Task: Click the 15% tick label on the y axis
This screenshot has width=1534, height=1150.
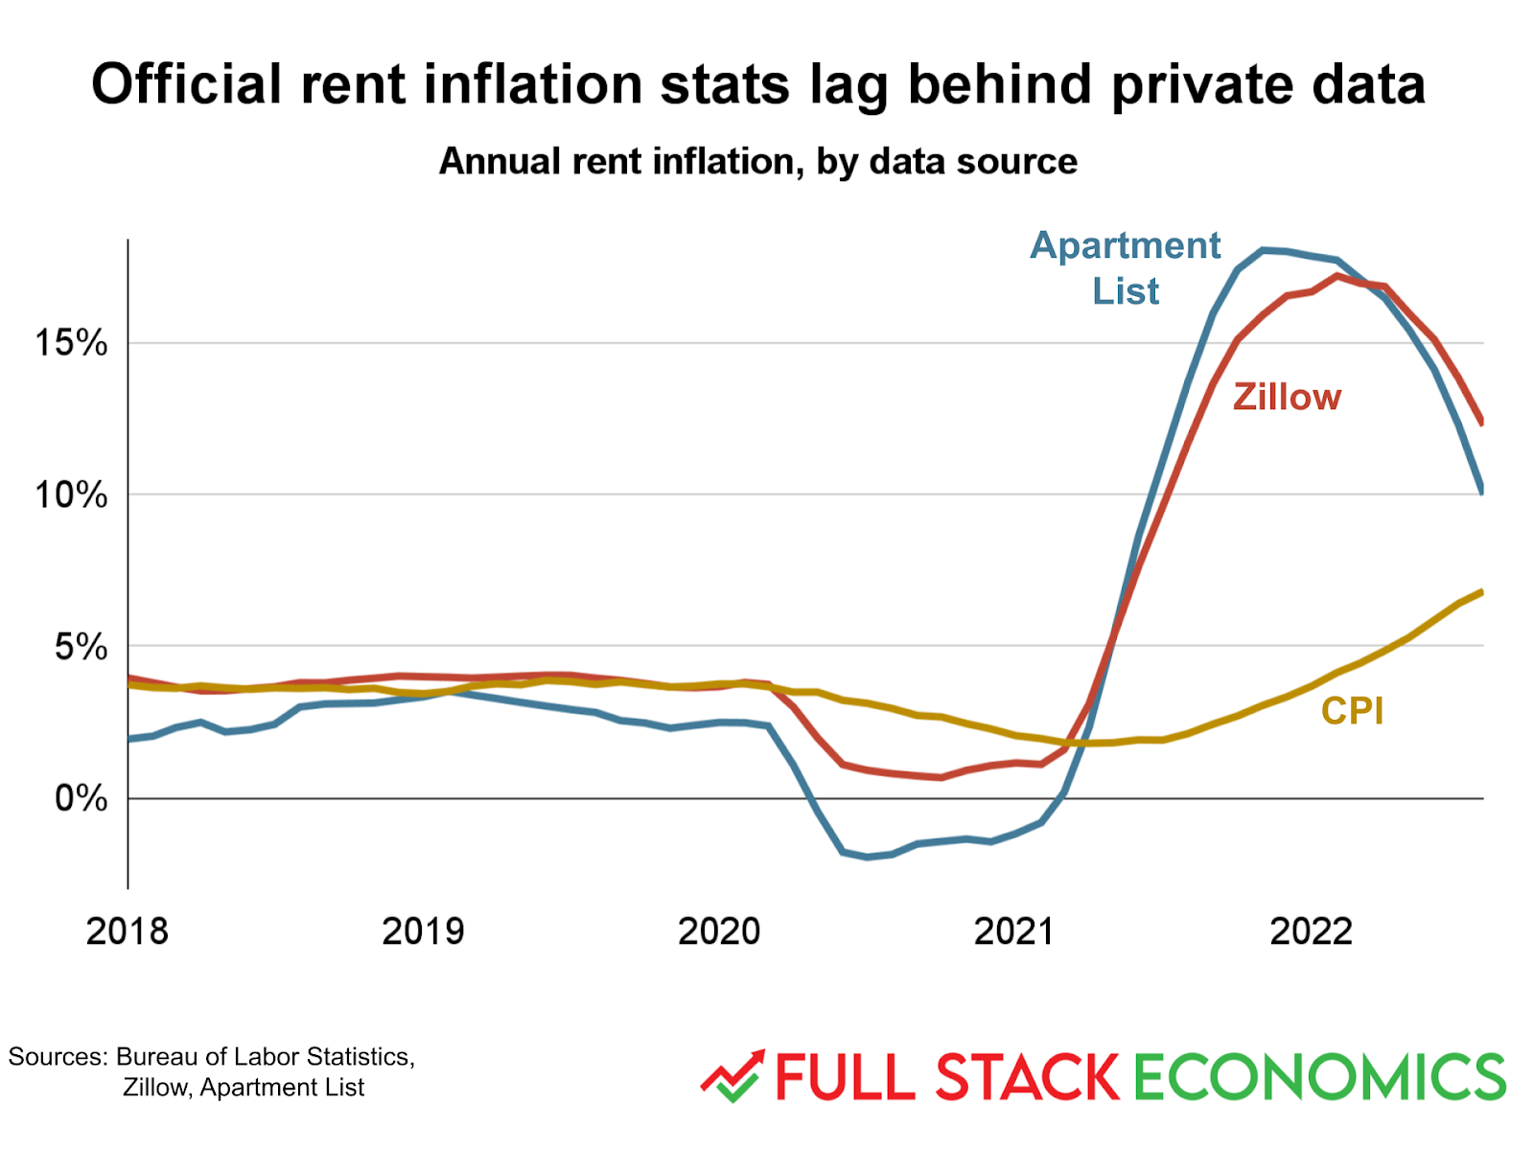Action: (x=71, y=342)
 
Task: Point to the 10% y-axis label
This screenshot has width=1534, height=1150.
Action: (x=71, y=494)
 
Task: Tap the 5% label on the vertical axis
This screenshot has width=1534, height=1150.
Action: (x=81, y=647)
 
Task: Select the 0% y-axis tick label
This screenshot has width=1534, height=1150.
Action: (x=81, y=797)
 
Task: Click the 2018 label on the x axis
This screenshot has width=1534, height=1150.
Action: (x=127, y=931)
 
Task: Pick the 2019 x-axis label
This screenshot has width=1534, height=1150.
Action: (x=423, y=931)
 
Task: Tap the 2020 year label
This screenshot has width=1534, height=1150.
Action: (x=718, y=931)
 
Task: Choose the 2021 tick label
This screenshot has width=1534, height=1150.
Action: (x=1013, y=931)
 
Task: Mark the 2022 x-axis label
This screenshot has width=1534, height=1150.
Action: (x=1310, y=931)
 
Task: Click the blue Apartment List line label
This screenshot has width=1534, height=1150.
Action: (x=1125, y=268)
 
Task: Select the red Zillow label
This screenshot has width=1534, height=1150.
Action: (x=1287, y=397)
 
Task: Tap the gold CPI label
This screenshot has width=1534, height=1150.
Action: (x=1352, y=711)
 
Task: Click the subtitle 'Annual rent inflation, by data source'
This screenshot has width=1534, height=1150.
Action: (x=757, y=161)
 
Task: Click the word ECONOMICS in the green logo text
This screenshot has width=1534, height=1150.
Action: (x=1319, y=1076)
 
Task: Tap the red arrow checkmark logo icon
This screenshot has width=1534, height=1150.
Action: (x=733, y=1076)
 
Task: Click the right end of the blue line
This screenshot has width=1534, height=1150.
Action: (x=1482, y=491)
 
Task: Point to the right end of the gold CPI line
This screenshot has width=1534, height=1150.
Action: (x=1482, y=592)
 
